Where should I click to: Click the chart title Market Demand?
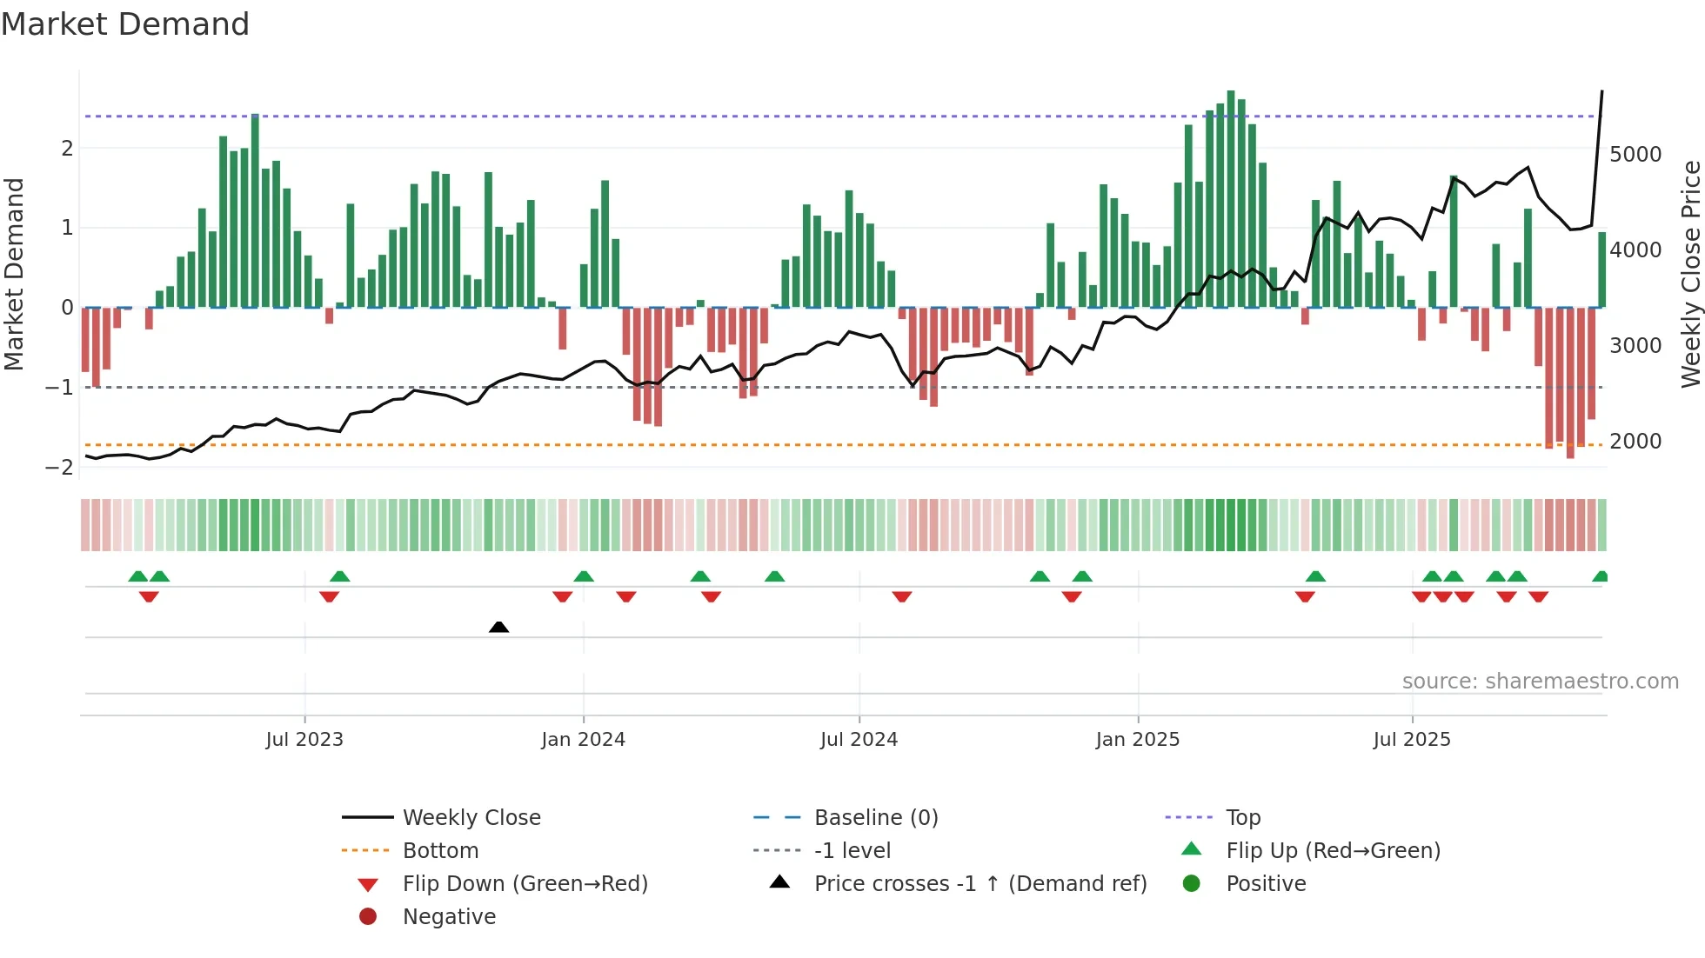pos(125,24)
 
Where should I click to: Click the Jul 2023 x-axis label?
pos(304,740)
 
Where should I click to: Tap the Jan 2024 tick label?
pos(583,740)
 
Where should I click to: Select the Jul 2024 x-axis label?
pos(859,740)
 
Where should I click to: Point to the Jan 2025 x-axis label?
pos(1137,740)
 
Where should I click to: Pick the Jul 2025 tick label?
pos(1412,740)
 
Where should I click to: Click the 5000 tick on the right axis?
pos(1635,155)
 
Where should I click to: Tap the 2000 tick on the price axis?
pos(1635,442)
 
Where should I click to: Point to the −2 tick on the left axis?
pos(59,467)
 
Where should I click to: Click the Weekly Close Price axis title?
pos(1690,274)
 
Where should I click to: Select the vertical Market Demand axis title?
pos(14,274)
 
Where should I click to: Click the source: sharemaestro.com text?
pos(1540,682)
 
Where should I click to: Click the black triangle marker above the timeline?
pos(498,627)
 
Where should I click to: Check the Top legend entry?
pos(1242,818)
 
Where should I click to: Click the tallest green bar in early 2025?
pos(1231,200)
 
